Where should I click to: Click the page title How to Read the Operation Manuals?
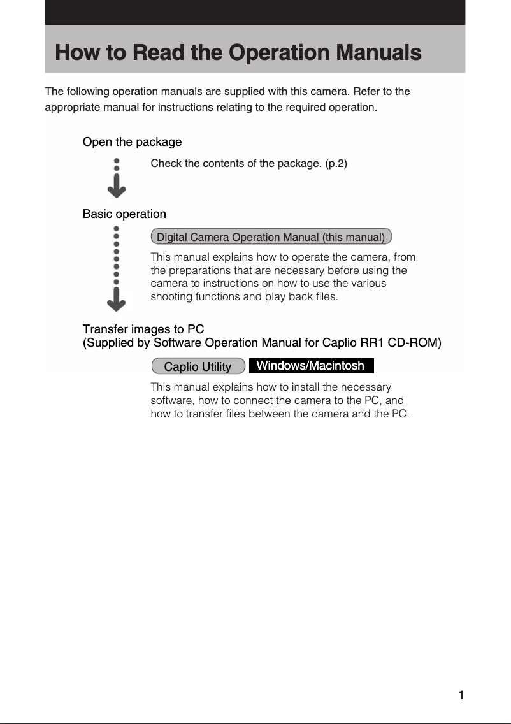238,52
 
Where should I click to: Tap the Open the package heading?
132,141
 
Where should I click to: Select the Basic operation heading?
124,214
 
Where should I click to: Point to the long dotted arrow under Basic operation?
116,268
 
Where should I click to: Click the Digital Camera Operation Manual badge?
271,237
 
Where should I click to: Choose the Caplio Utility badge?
198,366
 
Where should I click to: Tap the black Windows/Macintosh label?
310,366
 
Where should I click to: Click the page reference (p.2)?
336,163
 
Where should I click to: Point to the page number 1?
461,695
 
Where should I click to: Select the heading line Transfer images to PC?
143,329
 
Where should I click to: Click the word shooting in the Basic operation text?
171,296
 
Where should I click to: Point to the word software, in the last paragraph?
171,400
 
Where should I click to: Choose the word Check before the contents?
165,163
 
